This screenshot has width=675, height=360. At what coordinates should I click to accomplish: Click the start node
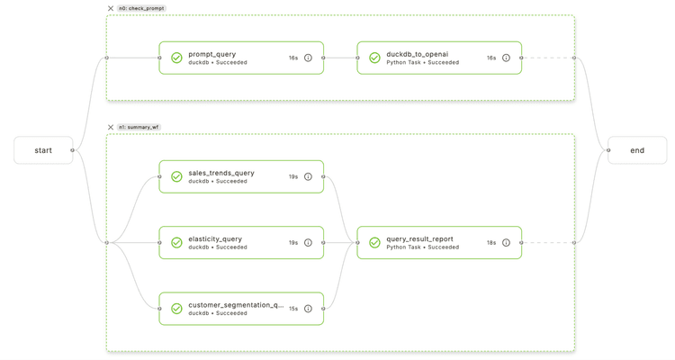pos(43,150)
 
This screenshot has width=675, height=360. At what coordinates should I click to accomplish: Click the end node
pos(637,150)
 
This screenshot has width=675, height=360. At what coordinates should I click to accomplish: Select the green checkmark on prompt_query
pos(176,58)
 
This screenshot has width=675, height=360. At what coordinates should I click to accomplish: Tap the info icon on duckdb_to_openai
pos(506,58)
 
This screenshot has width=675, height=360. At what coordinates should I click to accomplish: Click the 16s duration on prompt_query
pos(293,58)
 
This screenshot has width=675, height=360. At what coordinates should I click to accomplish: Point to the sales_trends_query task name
pos(221,173)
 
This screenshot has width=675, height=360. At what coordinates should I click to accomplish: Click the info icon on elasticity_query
pos(308,243)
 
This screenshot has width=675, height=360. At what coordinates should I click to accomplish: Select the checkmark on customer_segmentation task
pos(176,309)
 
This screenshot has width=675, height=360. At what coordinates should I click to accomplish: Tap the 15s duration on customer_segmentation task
pos(293,309)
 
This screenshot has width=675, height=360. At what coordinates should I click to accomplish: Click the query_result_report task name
pos(419,239)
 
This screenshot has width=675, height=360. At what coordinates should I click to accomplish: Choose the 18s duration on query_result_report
pos(491,243)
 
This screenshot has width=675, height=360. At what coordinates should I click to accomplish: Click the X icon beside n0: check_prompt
pos(111,8)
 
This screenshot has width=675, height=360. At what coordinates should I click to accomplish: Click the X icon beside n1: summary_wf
pos(111,127)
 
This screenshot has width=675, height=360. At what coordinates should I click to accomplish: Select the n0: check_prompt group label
pos(142,8)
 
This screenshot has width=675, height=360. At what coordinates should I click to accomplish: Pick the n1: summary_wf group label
pos(139,127)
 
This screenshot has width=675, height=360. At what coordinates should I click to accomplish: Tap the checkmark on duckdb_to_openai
pos(374,58)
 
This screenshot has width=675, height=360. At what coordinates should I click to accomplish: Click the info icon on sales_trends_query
pos(308,177)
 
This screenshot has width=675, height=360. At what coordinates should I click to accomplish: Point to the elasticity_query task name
pos(215,239)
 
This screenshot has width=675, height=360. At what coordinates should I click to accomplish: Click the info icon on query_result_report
pos(506,243)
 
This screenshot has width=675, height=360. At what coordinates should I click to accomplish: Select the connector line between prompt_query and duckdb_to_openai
pos(340,58)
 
